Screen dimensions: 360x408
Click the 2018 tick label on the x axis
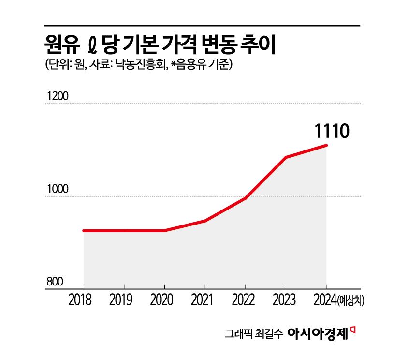[x=83, y=300]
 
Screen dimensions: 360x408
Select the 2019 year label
[x=124, y=300]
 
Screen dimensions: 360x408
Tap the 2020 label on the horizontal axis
[x=164, y=300]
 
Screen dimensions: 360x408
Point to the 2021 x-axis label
[x=205, y=300]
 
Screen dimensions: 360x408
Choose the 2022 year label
[x=246, y=300]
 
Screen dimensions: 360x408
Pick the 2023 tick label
[x=286, y=300]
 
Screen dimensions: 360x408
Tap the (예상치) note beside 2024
[x=351, y=301]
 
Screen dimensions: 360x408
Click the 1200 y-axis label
[x=56, y=96]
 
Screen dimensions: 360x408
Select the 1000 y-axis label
[x=56, y=189]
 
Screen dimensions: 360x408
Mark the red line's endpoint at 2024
[x=326, y=145]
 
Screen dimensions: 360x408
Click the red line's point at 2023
[x=286, y=157]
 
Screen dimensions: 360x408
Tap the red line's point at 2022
[x=246, y=198]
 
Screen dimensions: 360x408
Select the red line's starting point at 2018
[x=84, y=231]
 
